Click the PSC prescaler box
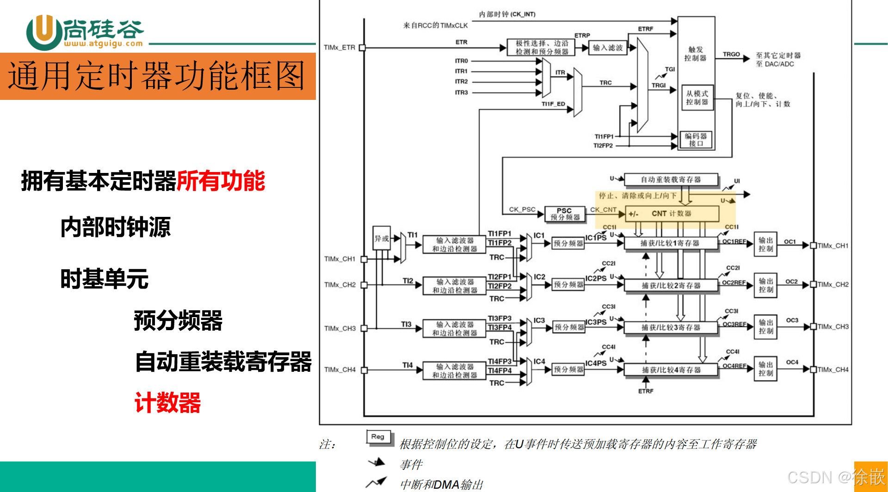coord(565,214)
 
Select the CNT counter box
coord(672,214)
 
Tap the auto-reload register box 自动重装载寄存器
coord(671,179)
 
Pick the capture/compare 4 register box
coord(671,370)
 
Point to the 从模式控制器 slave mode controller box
coord(697,98)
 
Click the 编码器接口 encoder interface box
coord(696,140)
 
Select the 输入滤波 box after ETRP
coord(608,48)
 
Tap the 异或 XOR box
coord(382,238)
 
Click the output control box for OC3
coord(765,326)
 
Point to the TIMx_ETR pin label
coord(339,48)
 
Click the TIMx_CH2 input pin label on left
coord(340,285)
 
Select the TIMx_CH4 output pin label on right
coord(833,369)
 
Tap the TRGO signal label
coord(731,54)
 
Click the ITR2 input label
coord(461,81)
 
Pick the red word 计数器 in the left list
coord(167,402)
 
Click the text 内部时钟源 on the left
coord(116,227)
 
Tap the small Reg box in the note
coord(378,437)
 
